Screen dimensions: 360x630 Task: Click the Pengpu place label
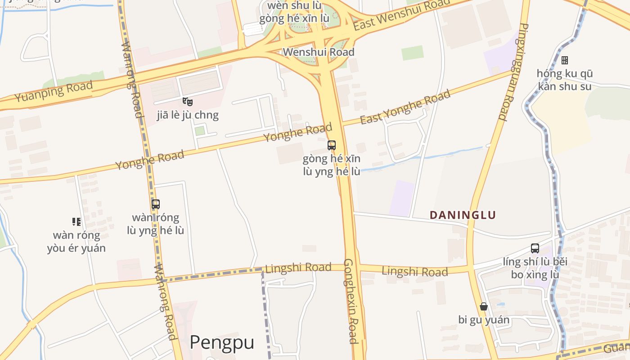click(221, 342)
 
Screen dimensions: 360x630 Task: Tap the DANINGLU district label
click(463, 215)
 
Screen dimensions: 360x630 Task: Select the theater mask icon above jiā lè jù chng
click(188, 102)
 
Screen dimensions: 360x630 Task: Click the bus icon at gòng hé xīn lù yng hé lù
click(332, 145)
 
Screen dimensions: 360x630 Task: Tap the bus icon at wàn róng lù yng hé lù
click(156, 204)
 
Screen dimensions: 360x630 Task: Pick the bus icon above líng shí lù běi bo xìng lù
click(535, 248)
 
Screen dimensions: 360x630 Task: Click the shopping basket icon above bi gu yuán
click(484, 307)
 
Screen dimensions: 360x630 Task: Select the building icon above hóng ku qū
click(565, 60)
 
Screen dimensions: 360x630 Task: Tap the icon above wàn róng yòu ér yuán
click(76, 222)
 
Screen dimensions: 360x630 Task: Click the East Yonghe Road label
click(405, 108)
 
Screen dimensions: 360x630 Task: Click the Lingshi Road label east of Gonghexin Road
click(414, 271)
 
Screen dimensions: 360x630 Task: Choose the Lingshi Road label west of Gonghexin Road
click(298, 268)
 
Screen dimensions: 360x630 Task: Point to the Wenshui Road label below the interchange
click(318, 52)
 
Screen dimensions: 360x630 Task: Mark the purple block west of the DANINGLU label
click(402, 198)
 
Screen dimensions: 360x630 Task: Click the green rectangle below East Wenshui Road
click(412, 53)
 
